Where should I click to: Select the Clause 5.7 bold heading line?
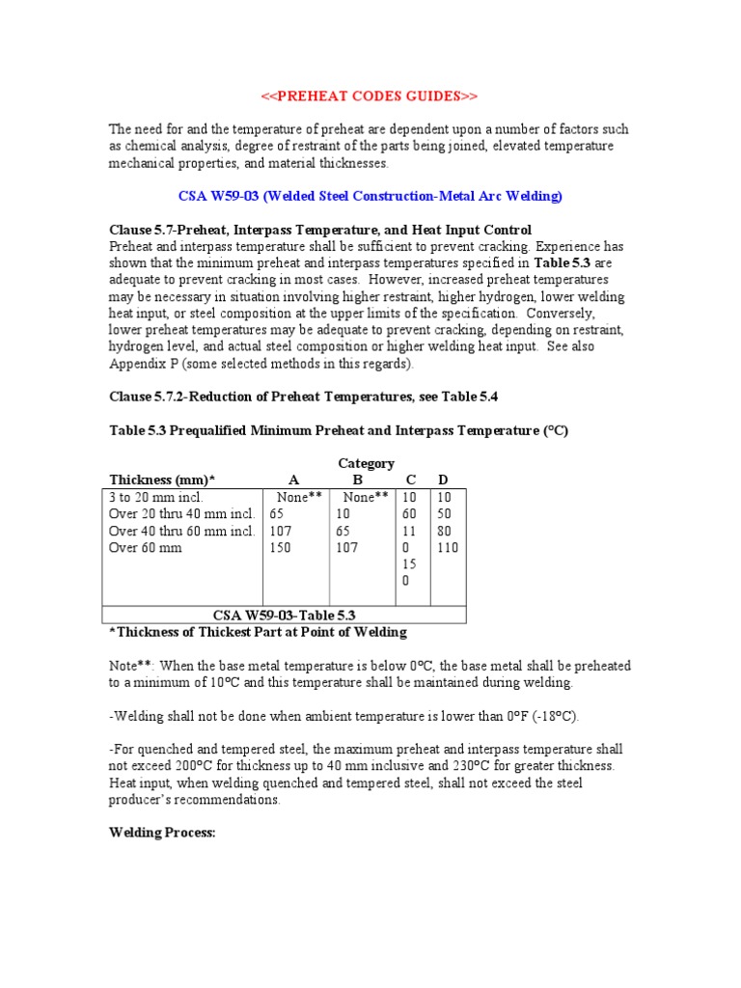click(x=319, y=230)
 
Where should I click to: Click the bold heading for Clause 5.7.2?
click(x=303, y=397)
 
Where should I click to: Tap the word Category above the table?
click(x=366, y=464)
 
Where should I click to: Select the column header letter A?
click(x=294, y=480)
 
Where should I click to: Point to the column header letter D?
click(x=443, y=480)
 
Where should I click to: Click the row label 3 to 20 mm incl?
click(x=156, y=497)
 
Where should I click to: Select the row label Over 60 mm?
click(x=146, y=548)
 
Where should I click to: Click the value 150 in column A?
click(x=282, y=548)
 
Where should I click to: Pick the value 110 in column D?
click(x=447, y=548)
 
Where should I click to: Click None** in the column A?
click(x=299, y=497)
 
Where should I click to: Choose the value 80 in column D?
click(x=444, y=531)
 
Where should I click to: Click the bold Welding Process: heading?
click(x=161, y=832)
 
